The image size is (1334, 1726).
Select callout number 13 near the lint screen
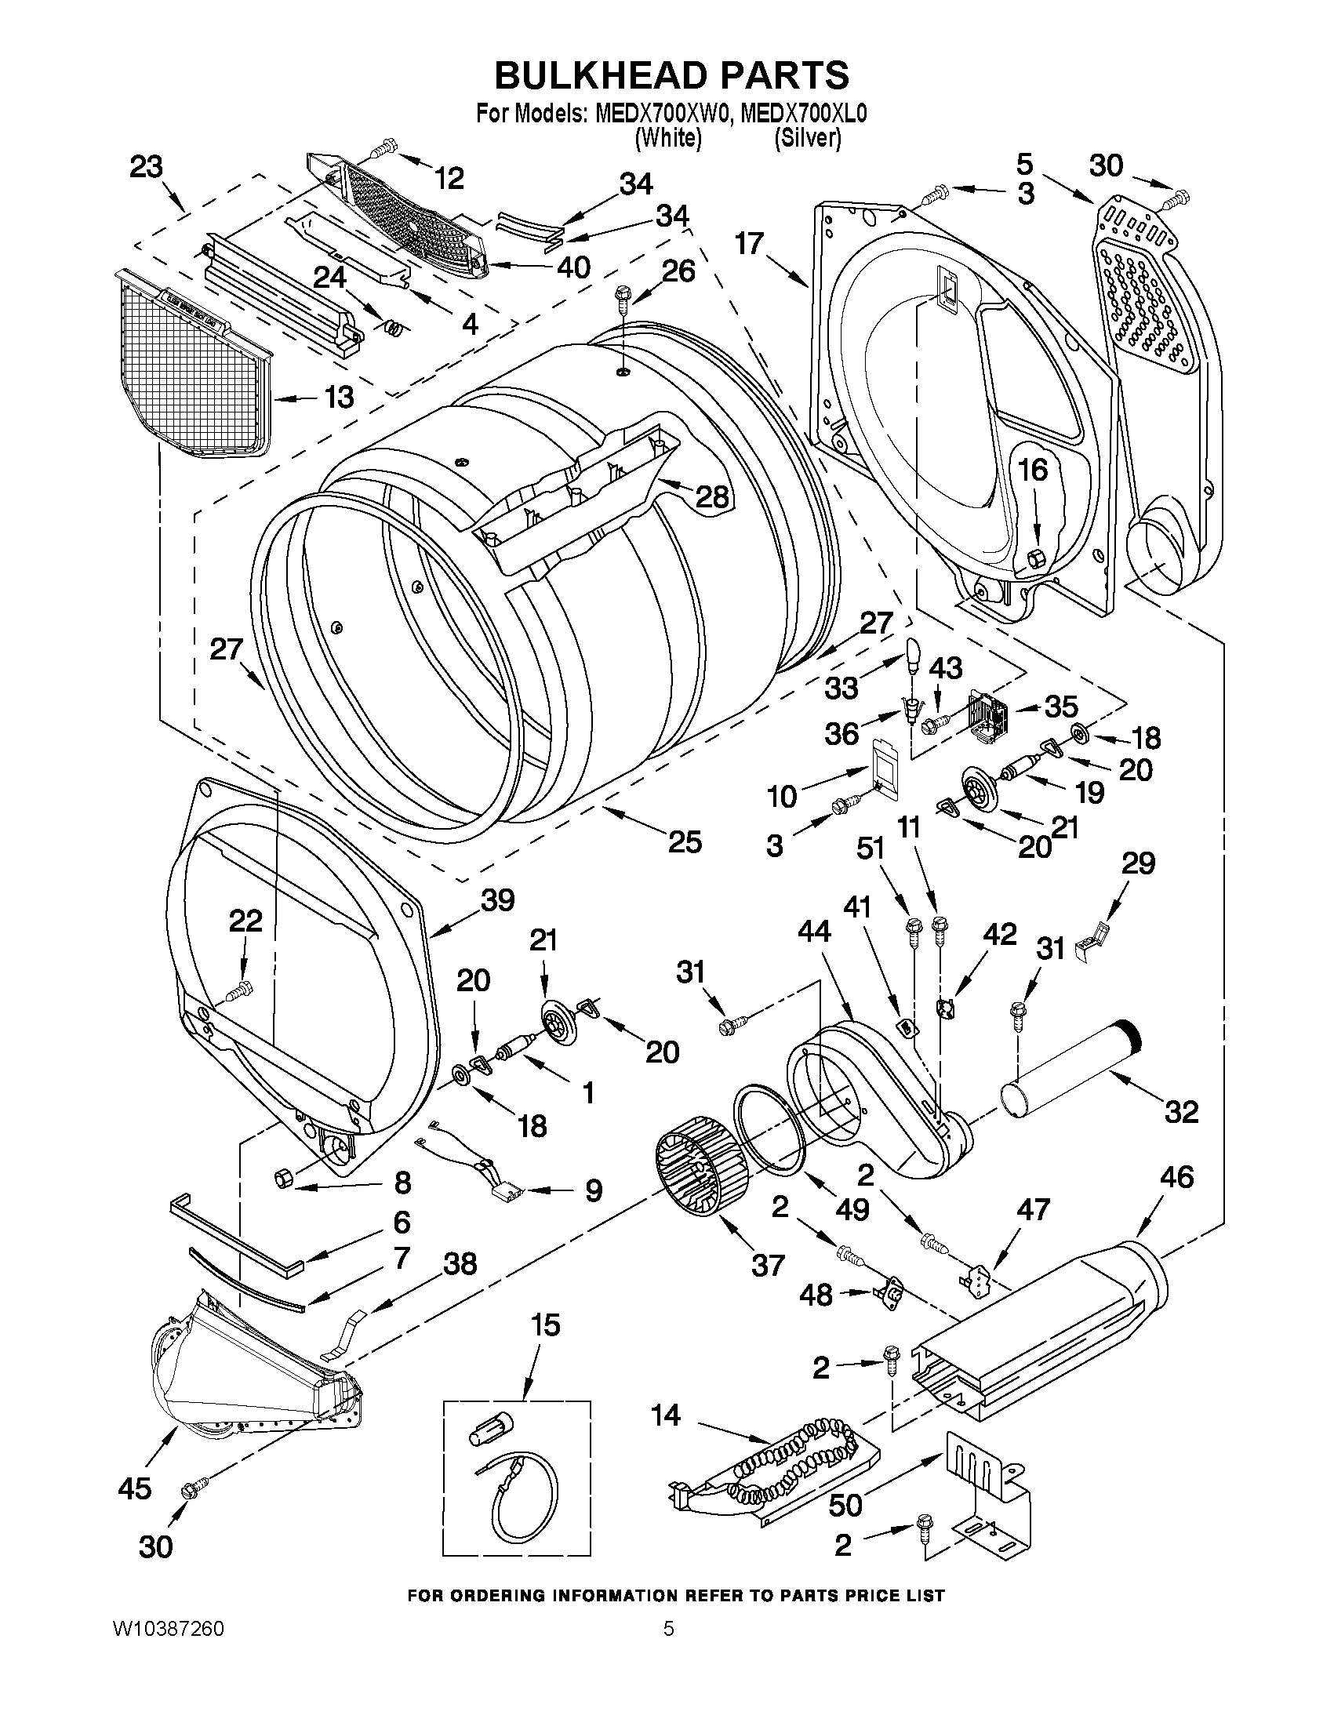point(339,397)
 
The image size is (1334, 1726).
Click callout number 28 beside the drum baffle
point(712,496)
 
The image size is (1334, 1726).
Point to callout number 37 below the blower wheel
point(768,1265)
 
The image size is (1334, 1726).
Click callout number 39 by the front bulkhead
point(498,900)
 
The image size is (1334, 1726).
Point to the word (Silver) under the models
point(808,137)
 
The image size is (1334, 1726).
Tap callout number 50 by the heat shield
point(845,1504)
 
